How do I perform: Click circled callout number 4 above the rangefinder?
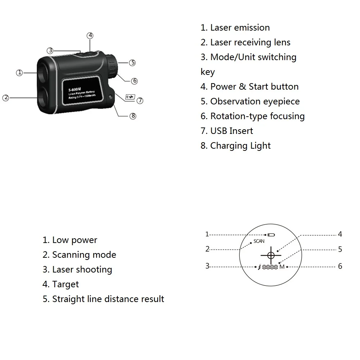pos(90,36)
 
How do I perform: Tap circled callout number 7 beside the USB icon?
pos(140,101)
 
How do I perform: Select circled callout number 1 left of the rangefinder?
pos(19,73)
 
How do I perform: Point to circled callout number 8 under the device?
pos(133,116)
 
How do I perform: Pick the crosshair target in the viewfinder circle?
pos(271,255)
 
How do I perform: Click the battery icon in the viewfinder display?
pos(271,235)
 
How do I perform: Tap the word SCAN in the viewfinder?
pos(259,241)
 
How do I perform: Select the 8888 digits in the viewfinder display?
pos(270,267)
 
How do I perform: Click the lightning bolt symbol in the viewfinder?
pos(259,267)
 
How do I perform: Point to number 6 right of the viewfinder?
pos(340,266)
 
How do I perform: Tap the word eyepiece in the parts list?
pos(281,102)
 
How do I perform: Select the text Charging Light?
pos(240,146)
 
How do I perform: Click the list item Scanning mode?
pos(84,255)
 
